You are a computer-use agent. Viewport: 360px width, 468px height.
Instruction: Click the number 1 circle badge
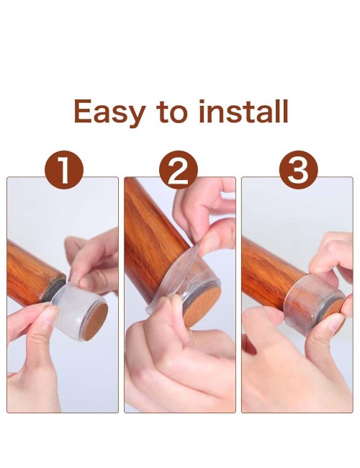click(x=64, y=170)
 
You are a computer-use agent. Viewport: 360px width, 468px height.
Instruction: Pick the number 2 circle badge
click(x=179, y=170)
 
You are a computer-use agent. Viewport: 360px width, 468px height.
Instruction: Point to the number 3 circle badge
click(x=298, y=170)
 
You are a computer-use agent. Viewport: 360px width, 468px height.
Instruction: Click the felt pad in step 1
click(x=95, y=322)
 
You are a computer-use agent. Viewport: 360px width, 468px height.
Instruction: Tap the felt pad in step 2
click(x=202, y=304)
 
